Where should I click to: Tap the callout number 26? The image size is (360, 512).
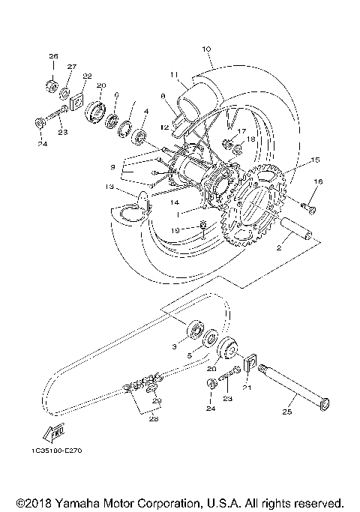[x=53, y=56]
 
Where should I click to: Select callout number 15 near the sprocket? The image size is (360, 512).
[x=316, y=160]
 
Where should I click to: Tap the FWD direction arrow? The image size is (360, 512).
[x=53, y=433]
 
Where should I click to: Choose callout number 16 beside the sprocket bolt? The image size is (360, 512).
[x=318, y=181]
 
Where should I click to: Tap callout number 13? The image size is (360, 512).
[x=109, y=187]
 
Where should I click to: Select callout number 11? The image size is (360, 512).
[x=172, y=75]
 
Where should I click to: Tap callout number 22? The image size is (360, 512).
[x=87, y=76]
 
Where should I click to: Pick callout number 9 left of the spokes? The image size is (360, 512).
[x=112, y=166]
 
